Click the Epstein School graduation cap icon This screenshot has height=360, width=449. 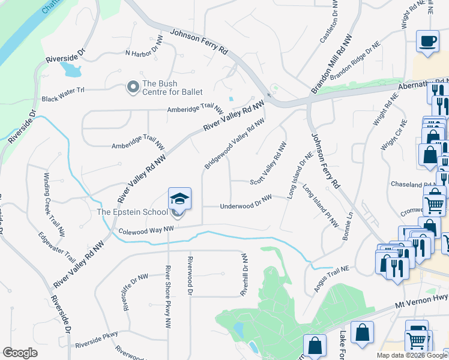pyautogui.click(x=179, y=198)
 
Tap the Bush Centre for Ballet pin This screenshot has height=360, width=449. pyautogui.click(x=132, y=88)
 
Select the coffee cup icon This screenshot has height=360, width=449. pyautogui.click(x=427, y=41)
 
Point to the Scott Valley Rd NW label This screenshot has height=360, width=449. pyautogui.click(x=268, y=162)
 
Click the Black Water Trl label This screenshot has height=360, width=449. pyautogui.click(x=64, y=98)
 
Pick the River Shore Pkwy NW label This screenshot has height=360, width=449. pyautogui.click(x=168, y=296)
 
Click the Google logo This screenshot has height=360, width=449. pyautogui.click(x=20, y=353)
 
